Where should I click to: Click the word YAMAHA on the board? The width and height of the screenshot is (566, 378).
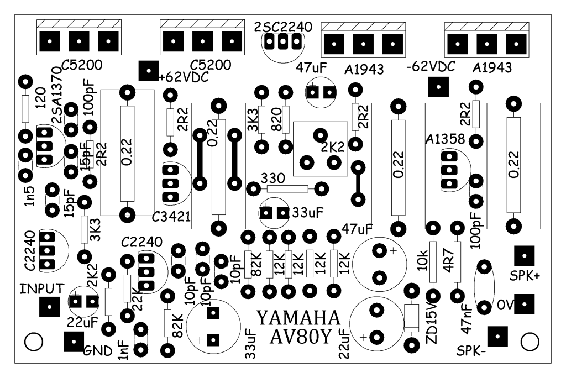[x=298, y=318]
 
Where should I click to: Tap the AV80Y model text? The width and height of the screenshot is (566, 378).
[x=300, y=337]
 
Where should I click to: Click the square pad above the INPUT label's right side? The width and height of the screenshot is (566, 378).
[x=49, y=307]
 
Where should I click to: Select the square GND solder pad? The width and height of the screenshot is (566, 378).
[x=74, y=342]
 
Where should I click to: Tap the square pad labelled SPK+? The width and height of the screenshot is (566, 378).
[x=524, y=256]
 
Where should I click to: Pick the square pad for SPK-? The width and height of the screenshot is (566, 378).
[x=497, y=336]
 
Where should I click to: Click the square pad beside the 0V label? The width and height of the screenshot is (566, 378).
[x=524, y=304]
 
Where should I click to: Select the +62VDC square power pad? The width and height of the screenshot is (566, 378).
[x=149, y=71]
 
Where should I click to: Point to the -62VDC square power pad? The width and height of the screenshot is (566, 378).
[x=438, y=87]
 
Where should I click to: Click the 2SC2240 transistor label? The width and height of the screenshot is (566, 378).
[x=283, y=27]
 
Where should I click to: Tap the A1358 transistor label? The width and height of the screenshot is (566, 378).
[x=445, y=139]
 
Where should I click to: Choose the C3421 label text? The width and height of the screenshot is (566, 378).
[x=171, y=217]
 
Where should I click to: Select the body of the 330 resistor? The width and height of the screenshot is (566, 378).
[x=287, y=188]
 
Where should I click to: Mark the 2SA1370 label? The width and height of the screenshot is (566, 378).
[x=57, y=95]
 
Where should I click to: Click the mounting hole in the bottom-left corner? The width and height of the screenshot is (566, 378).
[x=34, y=342]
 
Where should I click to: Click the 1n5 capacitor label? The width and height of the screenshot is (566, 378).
[x=30, y=196]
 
